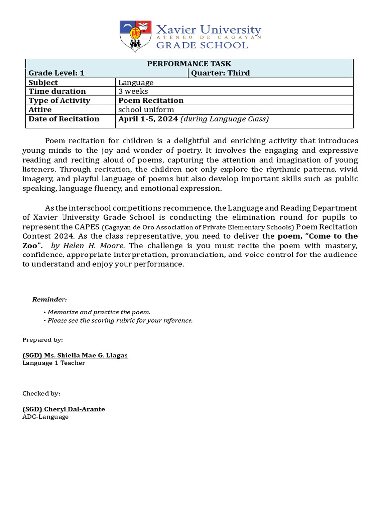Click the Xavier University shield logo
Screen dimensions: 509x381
135,36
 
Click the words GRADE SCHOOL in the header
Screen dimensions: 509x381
201,45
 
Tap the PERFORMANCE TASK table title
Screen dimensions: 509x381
189,64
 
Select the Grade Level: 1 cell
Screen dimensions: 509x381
57,73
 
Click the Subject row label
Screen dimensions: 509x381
43,82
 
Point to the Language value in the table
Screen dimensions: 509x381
135,82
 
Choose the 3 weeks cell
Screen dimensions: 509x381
133,91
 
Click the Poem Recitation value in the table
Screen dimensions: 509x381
150,100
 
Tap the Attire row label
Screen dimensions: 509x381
40,109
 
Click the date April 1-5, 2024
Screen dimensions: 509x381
148,119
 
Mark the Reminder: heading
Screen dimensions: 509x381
50,299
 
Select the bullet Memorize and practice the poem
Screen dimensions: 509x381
97,312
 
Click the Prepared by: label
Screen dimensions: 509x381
43,339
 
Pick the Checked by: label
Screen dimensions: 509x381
41,393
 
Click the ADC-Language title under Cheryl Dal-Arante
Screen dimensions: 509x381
46,417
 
